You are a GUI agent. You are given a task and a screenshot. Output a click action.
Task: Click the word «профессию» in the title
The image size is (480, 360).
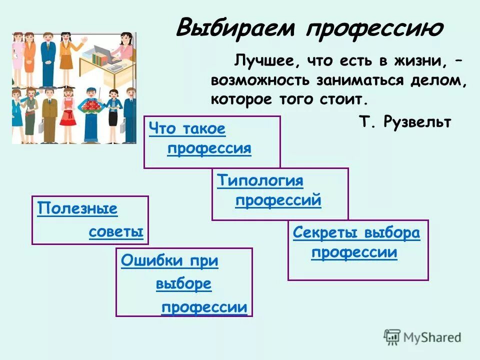(374, 29)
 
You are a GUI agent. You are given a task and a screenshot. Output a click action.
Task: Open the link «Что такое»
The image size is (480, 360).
(187, 129)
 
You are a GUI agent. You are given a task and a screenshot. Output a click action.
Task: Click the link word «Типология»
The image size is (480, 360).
(260, 180)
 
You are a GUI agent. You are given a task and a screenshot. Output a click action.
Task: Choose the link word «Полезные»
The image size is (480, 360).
(77, 208)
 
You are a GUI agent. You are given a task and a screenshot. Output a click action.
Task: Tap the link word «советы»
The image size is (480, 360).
(116, 232)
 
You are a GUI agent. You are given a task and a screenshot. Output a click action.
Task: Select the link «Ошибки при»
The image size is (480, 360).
(169, 260)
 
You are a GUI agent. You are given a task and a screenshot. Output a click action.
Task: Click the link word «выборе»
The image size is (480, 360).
(183, 284)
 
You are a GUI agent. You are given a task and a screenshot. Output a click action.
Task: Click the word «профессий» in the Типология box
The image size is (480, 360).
(278, 200)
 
